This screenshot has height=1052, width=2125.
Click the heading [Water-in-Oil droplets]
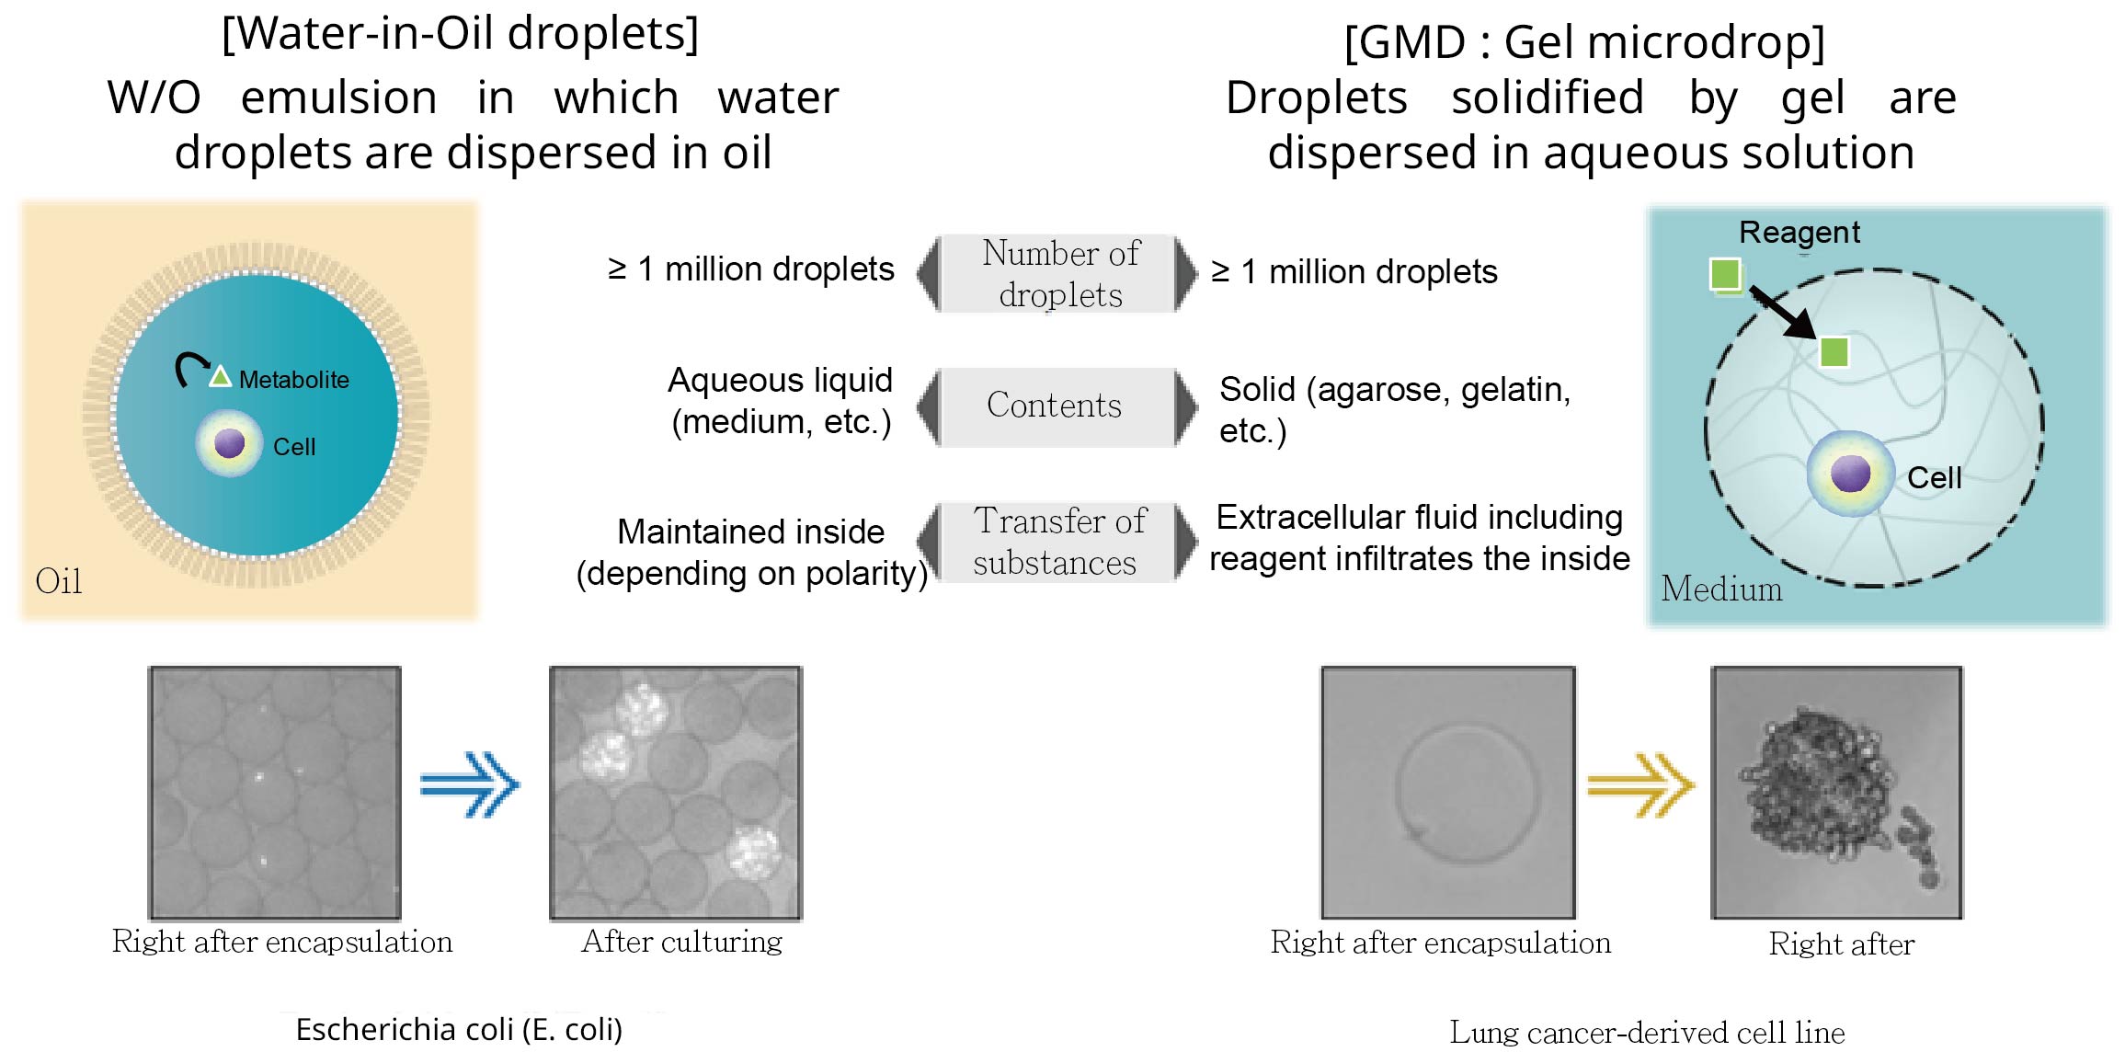(460, 33)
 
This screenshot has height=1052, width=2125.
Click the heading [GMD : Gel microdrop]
(1584, 42)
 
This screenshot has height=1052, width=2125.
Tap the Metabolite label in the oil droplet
(293, 380)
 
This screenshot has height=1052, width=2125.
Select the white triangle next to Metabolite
(220, 377)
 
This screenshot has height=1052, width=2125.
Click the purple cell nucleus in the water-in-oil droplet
(229, 443)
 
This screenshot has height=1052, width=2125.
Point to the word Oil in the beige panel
(58, 581)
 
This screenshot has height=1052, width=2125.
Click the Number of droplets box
(1058, 274)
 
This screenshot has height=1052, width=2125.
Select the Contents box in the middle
(1055, 406)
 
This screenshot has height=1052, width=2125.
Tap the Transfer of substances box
(1058, 542)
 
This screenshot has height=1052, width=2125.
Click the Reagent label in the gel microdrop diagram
(1799, 233)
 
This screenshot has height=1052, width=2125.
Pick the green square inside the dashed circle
(1834, 351)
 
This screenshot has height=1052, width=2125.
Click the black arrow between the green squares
(1781, 313)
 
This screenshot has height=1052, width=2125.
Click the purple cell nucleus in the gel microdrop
(1850, 474)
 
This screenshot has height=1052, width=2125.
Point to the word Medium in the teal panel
(1721, 589)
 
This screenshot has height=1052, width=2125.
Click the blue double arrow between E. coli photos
(470, 784)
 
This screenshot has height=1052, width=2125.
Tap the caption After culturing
(681, 942)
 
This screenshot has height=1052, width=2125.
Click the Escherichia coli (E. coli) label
(459, 1030)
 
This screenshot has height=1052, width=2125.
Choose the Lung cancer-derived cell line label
(1647, 1033)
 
